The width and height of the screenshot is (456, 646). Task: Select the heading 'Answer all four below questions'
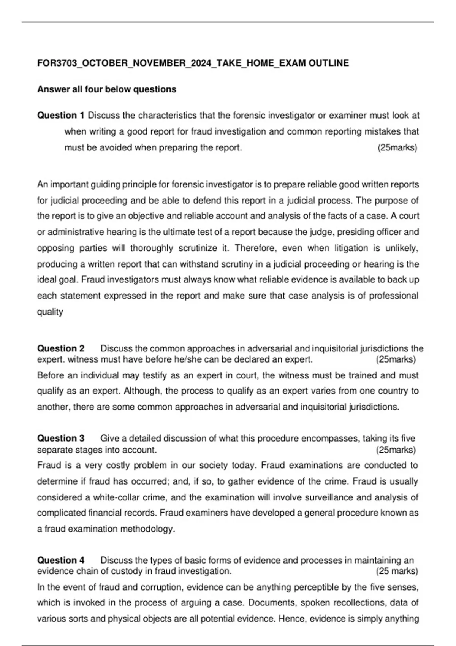107,89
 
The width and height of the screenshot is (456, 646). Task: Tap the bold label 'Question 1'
61,115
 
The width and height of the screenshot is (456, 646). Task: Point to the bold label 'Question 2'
61,348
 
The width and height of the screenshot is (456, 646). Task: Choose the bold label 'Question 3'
61,438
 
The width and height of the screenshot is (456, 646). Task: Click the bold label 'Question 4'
61,560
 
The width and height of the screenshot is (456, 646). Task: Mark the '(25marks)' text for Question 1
397,147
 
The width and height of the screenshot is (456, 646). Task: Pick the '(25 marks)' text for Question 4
397,571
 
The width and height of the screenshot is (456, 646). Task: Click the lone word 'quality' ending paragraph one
50,312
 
